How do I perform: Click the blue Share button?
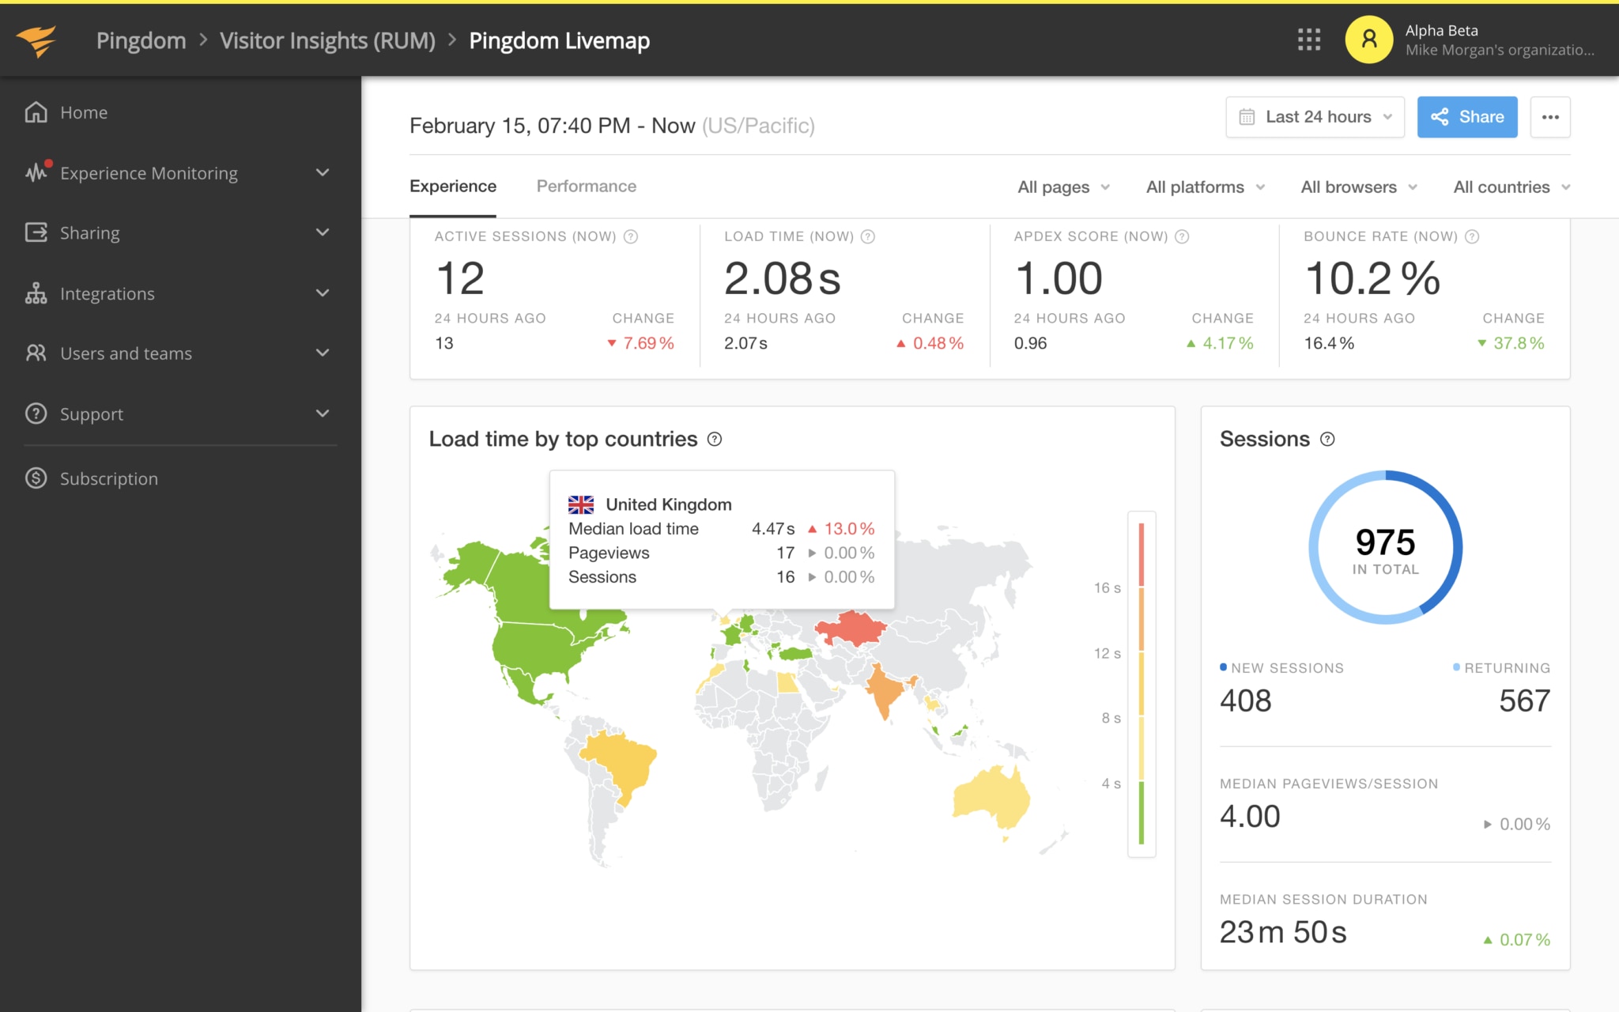pyautogui.click(x=1466, y=117)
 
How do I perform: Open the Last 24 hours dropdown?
pyautogui.click(x=1315, y=117)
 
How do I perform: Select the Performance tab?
pyautogui.click(x=586, y=186)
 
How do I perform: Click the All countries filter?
pyautogui.click(x=1511, y=187)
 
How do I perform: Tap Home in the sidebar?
pyautogui.click(x=83, y=112)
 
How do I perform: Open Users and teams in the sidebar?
pyautogui.click(x=126, y=353)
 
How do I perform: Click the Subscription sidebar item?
pyautogui.click(x=108, y=478)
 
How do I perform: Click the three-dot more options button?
pyautogui.click(x=1549, y=117)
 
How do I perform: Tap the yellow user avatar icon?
pyautogui.click(x=1368, y=40)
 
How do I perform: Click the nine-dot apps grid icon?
pyautogui.click(x=1308, y=40)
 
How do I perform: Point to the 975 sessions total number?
pyautogui.click(x=1385, y=542)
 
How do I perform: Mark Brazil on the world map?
pyautogui.click(x=621, y=763)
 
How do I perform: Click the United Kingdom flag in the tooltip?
pyautogui.click(x=581, y=504)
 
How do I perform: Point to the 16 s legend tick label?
pyautogui.click(x=1107, y=587)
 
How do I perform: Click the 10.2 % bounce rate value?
pyautogui.click(x=1372, y=278)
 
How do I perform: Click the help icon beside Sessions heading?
pyautogui.click(x=1327, y=440)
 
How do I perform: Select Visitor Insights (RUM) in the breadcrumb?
pyautogui.click(x=327, y=40)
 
